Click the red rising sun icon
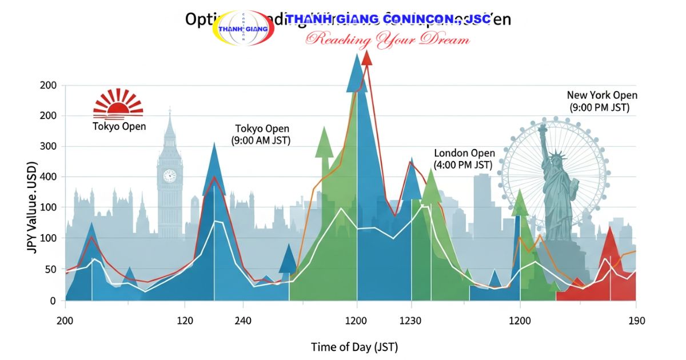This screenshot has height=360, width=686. point(118,103)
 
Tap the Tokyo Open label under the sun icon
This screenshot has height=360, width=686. point(119,126)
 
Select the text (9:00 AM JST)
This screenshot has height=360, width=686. point(261,140)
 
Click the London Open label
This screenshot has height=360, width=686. point(464,153)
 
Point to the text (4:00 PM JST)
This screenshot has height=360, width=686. point(463,165)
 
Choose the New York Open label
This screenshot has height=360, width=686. point(602,95)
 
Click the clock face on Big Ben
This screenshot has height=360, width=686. point(170,175)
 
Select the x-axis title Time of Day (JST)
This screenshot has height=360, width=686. point(354,347)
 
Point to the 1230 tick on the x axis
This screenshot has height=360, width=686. point(410,321)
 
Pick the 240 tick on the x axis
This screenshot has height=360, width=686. point(243,321)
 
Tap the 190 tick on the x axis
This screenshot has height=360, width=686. point(636,321)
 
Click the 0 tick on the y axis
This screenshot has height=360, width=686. point(53,300)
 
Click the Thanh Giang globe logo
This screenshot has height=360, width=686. point(243,28)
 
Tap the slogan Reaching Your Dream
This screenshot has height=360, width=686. point(388,39)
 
